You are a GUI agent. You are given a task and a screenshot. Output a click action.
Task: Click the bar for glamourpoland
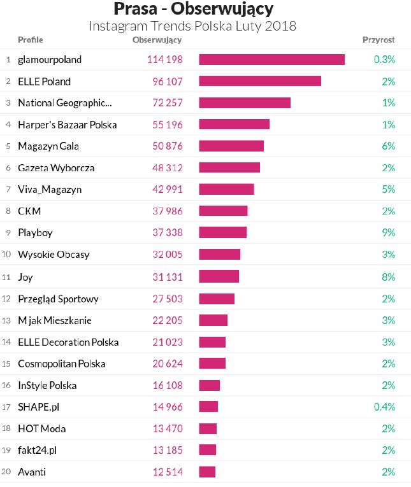pos(271,59)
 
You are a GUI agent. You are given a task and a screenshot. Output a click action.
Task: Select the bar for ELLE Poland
pos(259,81)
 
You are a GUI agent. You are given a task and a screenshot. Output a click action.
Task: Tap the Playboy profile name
pos(36,232)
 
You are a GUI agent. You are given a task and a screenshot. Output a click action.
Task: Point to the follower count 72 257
pos(165,102)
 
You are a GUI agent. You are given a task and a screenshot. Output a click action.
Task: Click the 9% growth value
pos(389,232)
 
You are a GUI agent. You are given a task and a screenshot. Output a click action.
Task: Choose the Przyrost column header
pos(379,39)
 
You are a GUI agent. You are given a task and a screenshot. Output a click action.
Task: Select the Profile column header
pos(31,39)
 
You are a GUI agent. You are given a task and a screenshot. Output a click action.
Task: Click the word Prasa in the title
pos(136,10)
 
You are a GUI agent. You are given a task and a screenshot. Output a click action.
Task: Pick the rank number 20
pos(7,472)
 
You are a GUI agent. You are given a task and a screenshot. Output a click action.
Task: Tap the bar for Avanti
pos(207,472)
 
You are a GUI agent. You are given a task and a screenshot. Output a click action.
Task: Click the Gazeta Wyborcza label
pos(56,167)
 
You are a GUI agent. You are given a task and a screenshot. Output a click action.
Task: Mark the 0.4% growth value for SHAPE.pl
pos(385,407)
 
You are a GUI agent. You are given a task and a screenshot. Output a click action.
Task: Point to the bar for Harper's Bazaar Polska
pos(234,124)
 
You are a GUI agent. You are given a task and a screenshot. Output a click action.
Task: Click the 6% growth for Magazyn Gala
pos(389,146)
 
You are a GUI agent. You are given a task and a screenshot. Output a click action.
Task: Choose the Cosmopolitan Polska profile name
pos(62,363)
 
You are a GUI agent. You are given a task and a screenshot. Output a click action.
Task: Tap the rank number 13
pos(7,320)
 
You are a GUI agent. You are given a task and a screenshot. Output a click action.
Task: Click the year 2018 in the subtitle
pos(281,26)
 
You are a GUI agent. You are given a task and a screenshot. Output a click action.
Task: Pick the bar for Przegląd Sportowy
pos(217,299)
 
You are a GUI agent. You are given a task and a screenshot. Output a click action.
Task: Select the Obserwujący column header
pos(157,39)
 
